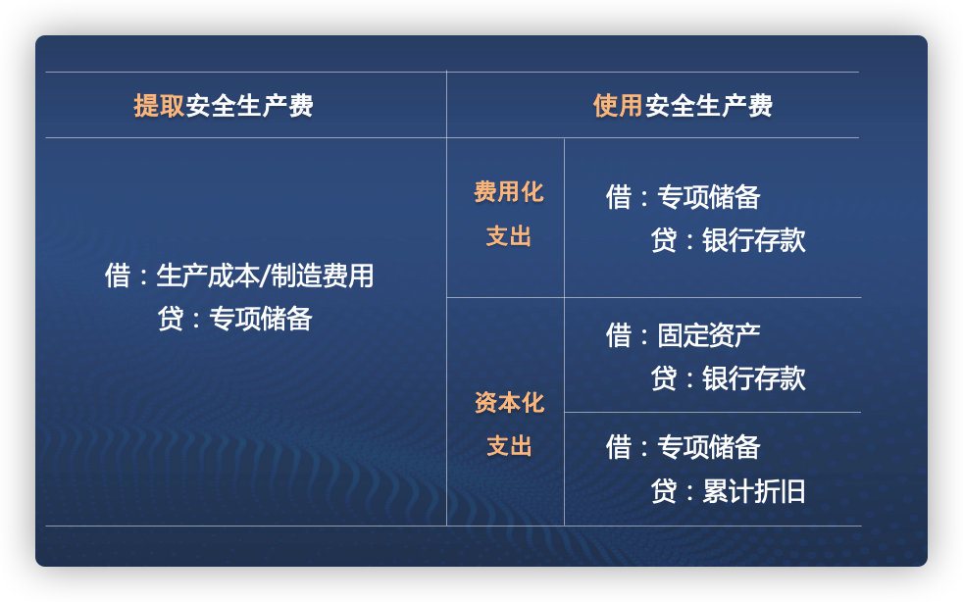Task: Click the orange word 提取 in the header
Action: tap(159, 106)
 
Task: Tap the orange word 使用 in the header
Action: tap(618, 106)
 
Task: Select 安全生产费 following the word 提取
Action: tap(249, 106)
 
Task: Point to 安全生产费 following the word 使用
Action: tap(708, 106)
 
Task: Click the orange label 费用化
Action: tap(508, 192)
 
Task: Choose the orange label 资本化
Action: tap(508, 403)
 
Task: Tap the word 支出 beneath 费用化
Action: tap(508, 236)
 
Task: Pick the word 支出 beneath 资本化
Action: tap(508, 447)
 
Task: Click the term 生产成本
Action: tap(207, 276)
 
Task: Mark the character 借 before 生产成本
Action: tap(118, 276)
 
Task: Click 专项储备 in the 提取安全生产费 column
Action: tap(261, 319)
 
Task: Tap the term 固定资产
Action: tap(708, 335)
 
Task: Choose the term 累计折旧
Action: tap(753, 491)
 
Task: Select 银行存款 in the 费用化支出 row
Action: tap(753, 240)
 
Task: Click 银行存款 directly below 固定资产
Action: tap(753, 378)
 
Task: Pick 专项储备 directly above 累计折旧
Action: tap(708, 447)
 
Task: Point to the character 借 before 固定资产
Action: tap(619, 335)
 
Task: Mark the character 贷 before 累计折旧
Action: tap(664, 491)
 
